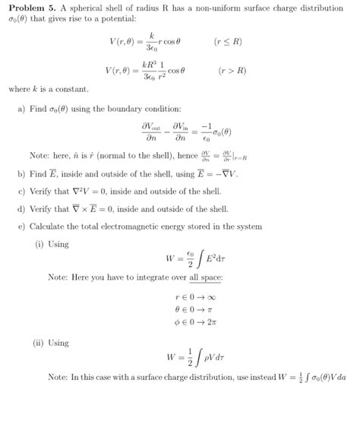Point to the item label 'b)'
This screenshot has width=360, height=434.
click(21, 173)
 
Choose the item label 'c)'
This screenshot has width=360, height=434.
click(21, 191)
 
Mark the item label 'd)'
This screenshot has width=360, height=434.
click(21, 208)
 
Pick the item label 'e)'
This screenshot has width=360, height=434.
click(21, 227)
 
